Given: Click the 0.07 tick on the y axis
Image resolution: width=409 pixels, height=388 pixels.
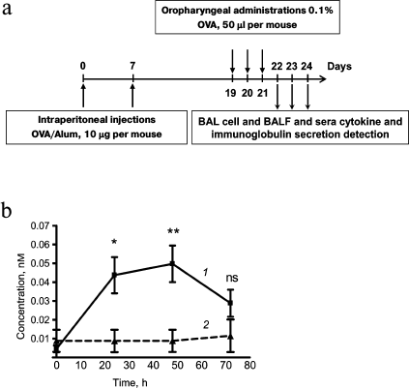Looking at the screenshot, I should [39, 224].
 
